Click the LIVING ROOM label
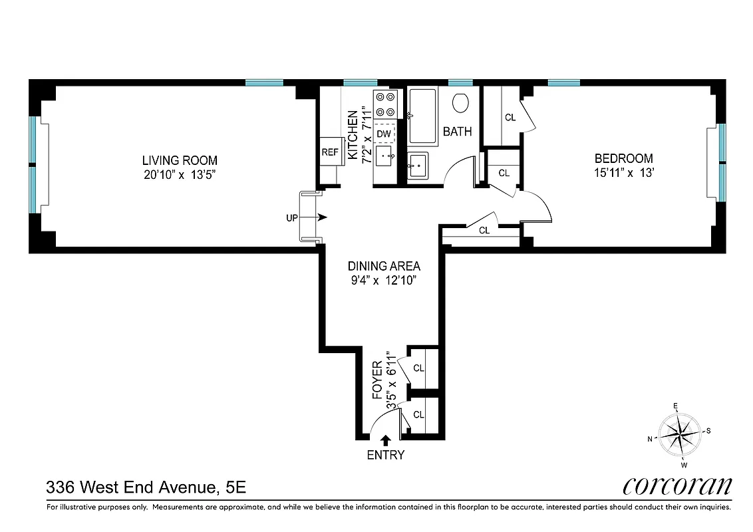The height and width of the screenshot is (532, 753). (x=180, y=160)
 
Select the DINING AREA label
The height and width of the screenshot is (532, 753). (x=384, y=266)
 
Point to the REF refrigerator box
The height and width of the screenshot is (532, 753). (x=330, y=152)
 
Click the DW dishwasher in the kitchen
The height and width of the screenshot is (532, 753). (x=384, y=134)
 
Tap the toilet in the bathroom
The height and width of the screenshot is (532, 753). (x=460, y=102)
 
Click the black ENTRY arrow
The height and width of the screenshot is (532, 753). (x=385, y=440)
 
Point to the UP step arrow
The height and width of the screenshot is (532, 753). (x=322, y=217)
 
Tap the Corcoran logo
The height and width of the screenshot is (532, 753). (x=677, y=485)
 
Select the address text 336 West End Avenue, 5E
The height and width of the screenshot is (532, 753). (x=146, y=487)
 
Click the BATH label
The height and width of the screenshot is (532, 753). (x=458, y=132)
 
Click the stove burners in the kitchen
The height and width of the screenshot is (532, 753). (x=385, y=104)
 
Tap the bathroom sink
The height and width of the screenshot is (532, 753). (x=418, y=165)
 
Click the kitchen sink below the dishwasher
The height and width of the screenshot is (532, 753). (x=385, y=158)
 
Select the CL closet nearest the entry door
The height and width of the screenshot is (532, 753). (x=418, y=414)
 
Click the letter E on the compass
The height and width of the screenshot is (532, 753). (x=675, y=406)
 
